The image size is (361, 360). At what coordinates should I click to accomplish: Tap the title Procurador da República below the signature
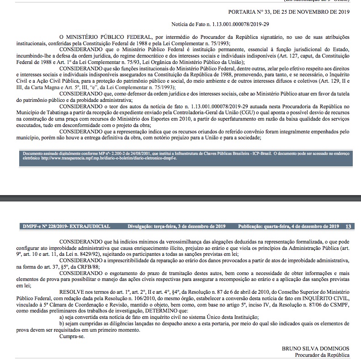(322, 355)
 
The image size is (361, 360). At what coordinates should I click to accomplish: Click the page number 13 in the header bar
(348, 226)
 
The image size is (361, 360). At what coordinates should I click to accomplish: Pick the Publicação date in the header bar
(288, 226)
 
